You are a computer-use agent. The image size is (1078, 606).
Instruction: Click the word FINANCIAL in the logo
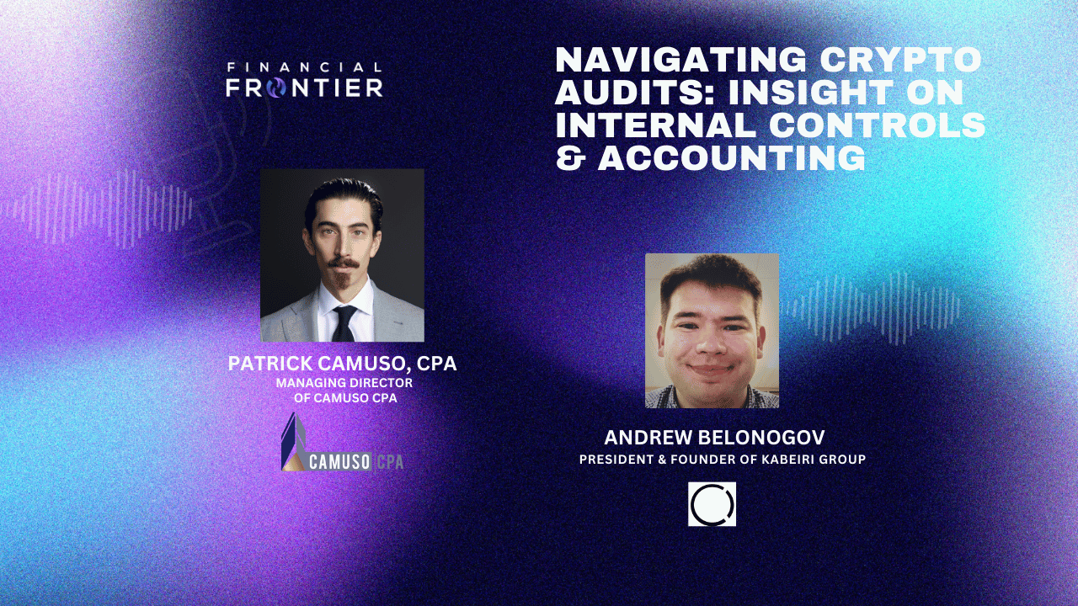click(x=304, y=67)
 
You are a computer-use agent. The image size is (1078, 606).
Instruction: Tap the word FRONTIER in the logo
click(x=304, y=87)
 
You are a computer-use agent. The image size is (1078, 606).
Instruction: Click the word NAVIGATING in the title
click(x=682, y=60)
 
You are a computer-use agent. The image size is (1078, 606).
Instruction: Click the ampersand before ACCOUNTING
click(x=570, y=158)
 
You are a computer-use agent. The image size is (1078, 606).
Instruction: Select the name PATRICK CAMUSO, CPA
click(x=342, y=364)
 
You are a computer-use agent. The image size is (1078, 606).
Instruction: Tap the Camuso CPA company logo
click(x=342, y=444)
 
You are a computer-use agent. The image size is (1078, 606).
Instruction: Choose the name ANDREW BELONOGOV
click(x=714, y=438)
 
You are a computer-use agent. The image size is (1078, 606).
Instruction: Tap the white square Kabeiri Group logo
click(x=712, y=504)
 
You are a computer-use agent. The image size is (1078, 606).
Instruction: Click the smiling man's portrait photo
click(x=712, y=330)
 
